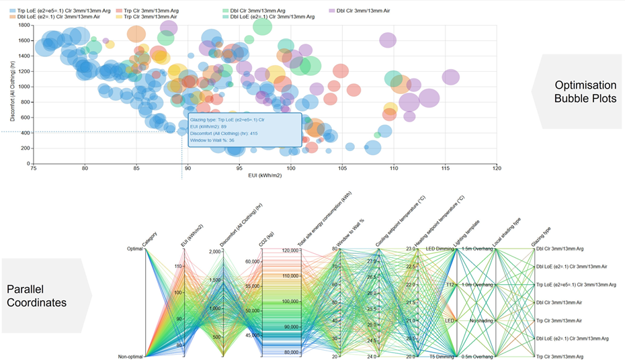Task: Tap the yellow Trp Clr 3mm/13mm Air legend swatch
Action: [118, 17]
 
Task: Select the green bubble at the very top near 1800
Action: [262, 26]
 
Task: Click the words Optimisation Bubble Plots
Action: [585, 92]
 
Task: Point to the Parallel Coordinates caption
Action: [37, 296]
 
